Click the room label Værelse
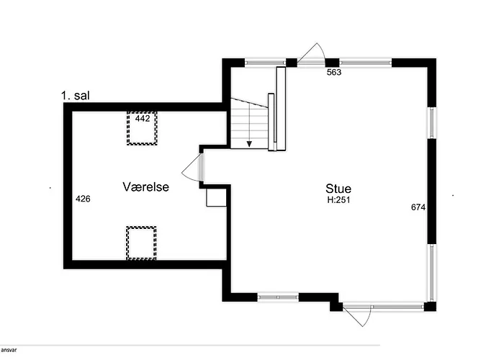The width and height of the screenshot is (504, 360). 145,186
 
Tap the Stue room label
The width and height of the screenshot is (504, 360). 338,189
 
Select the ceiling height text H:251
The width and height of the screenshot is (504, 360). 338,200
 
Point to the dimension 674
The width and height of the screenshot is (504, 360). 418,207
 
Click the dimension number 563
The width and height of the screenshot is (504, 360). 334,72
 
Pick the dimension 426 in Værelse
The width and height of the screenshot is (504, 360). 83,199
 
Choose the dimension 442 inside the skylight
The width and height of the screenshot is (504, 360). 143,119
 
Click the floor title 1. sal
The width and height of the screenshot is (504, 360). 75,96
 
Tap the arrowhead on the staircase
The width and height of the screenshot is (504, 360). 249,144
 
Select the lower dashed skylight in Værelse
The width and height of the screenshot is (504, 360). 141,243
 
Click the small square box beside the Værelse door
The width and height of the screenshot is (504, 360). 216,197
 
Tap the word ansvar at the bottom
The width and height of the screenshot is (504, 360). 9,351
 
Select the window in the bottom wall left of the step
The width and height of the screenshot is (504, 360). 278,297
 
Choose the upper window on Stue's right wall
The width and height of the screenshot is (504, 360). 432,122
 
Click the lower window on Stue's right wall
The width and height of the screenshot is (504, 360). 432,273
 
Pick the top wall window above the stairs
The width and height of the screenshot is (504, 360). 266,63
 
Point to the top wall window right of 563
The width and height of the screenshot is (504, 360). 366,63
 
